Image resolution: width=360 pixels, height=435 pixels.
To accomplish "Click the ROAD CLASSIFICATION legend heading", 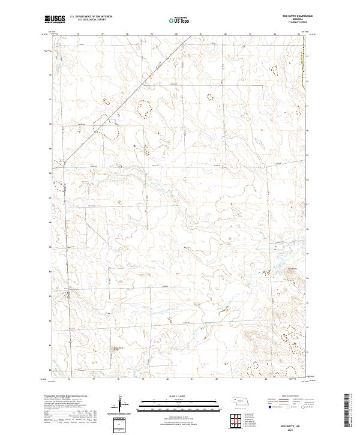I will pyautogui.click(x=286, y=396).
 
